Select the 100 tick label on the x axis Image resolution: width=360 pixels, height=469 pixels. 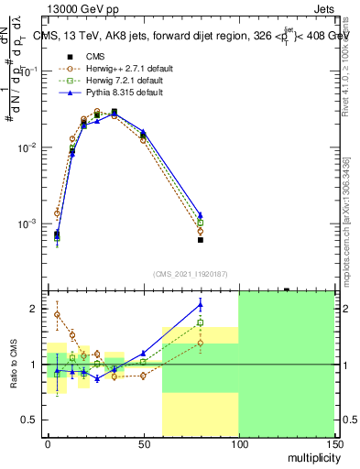(238, 442)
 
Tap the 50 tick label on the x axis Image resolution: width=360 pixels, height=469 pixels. (143, 442)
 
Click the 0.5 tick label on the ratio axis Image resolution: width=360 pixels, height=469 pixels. (31, 420)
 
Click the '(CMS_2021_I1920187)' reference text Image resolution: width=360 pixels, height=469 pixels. (190, 274)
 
